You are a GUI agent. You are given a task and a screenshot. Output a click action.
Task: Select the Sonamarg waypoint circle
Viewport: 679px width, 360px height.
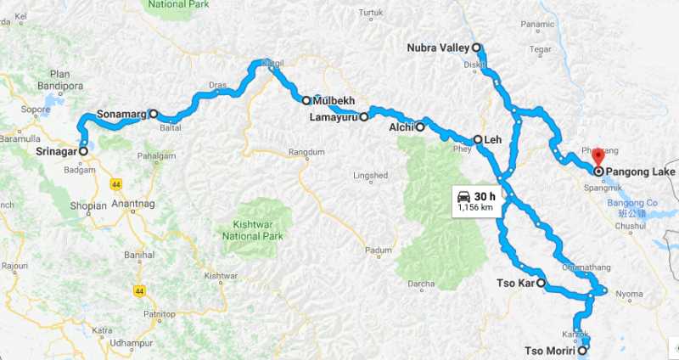tap(154, 114)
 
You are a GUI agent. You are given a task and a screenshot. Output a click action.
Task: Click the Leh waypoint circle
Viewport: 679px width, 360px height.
tap(477, 140)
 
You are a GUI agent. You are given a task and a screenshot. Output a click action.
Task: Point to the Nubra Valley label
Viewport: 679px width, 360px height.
tap(437, 48)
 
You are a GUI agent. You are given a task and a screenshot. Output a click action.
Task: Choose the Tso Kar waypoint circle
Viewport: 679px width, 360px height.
tap(541, 284)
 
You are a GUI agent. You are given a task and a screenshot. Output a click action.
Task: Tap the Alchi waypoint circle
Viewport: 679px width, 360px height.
tap(419, 127)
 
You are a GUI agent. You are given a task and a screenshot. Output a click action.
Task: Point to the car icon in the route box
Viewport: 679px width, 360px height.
tap(463, 195)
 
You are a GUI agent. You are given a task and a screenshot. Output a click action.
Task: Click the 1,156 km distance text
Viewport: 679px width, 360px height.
tap(475, 206)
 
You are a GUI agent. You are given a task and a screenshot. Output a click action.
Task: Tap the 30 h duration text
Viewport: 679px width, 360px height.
tap(485, 195)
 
